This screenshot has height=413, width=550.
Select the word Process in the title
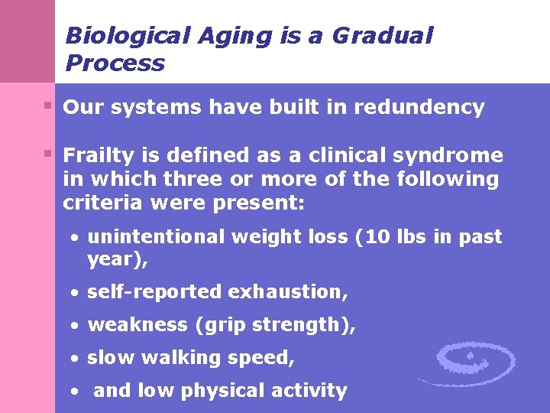(115, 63)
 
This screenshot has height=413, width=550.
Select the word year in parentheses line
(111, 259)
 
